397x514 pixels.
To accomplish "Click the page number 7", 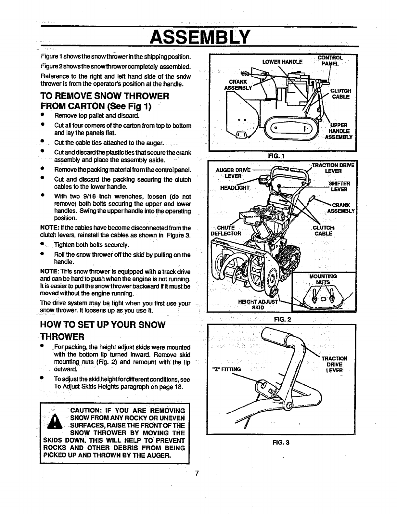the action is coord(197,473).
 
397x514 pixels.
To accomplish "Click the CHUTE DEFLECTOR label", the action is coord(226,230).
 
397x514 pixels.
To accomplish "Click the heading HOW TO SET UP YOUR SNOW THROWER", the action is coord(102,330).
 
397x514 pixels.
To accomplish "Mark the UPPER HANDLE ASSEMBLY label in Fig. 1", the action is coord(340,131).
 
